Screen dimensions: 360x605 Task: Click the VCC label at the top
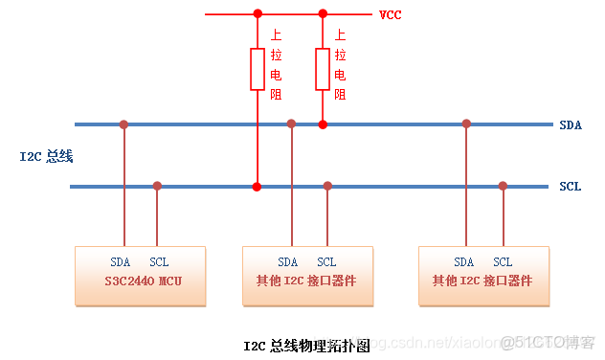[390, 15]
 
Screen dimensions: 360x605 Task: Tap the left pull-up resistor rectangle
[257, 68]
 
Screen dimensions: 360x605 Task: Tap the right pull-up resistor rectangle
[323, 68]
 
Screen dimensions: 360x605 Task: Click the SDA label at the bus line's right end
[570, 125]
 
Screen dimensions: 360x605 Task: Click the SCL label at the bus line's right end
[570, 187]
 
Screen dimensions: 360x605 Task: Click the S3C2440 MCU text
[141, 281]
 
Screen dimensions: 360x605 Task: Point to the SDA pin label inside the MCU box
[121, 262]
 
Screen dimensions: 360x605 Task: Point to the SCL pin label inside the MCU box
[159, 262]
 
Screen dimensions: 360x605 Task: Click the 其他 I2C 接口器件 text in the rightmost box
[483, 281]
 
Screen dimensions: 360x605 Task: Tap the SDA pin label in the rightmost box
[464, 262]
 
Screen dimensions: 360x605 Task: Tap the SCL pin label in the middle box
[326, 262]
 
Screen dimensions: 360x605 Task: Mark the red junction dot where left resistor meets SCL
[257, 186]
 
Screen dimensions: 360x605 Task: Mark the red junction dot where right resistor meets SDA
[323, 124]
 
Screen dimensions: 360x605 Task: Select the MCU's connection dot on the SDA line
[123, 124]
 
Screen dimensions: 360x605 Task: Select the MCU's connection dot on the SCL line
[157, 186]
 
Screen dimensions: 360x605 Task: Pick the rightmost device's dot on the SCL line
[503, 186]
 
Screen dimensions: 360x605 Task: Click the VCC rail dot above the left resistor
[257, 13]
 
